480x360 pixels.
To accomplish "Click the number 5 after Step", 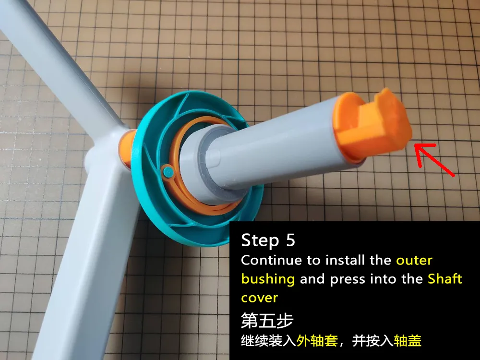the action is pyautogui.click(x=290, y=240).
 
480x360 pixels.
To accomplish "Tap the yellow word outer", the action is pyautogui.click(x=414, y=261).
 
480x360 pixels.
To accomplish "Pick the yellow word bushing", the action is pyautogui.click(x=268, y=279).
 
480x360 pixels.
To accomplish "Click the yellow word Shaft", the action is pyautogui.click(x=445, y=278).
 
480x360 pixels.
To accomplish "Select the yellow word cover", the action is pyautogui.click(x=259, y=298).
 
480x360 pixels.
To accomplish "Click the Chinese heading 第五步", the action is pyautogui.click(x=267, y=320).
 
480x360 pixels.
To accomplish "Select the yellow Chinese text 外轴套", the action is pyautogui.click(x=317, y=340).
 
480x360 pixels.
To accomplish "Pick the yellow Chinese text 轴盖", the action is pyautogui.click(x=408, y=340).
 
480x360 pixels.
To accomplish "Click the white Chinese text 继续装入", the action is pyautogui.click(x=268, y=340).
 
